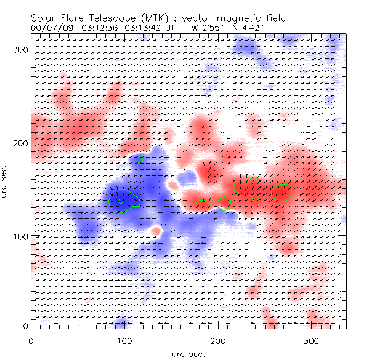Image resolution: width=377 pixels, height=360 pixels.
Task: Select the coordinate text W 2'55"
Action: pos(206,28)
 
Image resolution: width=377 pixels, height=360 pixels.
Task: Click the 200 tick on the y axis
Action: pos(21,143)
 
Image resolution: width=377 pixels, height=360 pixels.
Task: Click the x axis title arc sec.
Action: pos(188,353)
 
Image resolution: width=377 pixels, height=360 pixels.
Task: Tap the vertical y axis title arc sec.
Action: pos(6,183)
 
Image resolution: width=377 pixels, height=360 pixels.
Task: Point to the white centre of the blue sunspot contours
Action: pos(121,201)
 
